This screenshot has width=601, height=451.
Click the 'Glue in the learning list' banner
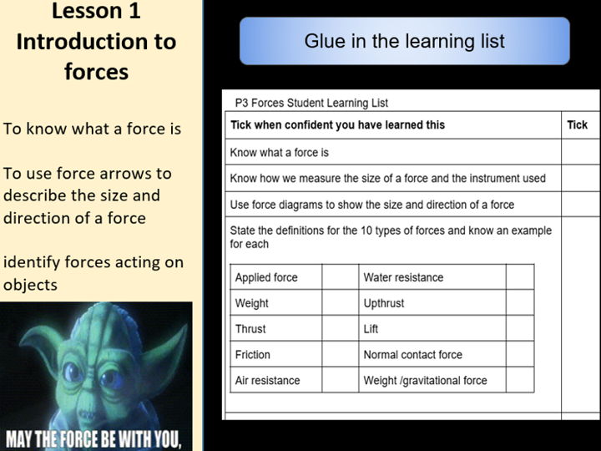(404, 41)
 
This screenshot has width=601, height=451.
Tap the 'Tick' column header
(577, 125)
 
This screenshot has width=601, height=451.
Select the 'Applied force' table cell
(266, 277)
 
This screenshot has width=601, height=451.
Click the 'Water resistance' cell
(403, 277)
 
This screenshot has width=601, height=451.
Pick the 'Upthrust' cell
(384, 303)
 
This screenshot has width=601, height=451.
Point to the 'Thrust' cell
(251, 329)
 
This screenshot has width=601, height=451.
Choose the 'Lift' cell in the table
(371, 329)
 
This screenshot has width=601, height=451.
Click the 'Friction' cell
(253, 355)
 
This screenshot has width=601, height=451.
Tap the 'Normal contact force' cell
(412, 355)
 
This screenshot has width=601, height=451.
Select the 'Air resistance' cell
(267, 381)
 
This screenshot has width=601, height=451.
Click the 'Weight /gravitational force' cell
(425, 381)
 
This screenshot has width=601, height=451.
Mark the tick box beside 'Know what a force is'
(579, 153)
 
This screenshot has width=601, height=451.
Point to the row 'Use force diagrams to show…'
(371, 205)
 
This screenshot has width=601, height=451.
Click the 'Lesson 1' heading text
(96, 12)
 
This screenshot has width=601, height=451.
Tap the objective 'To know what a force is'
(92, 129)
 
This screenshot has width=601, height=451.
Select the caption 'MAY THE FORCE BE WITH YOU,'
(93, 438)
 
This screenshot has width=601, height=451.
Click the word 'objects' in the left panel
(30, 284)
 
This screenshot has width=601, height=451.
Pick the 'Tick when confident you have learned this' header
(337, 125)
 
